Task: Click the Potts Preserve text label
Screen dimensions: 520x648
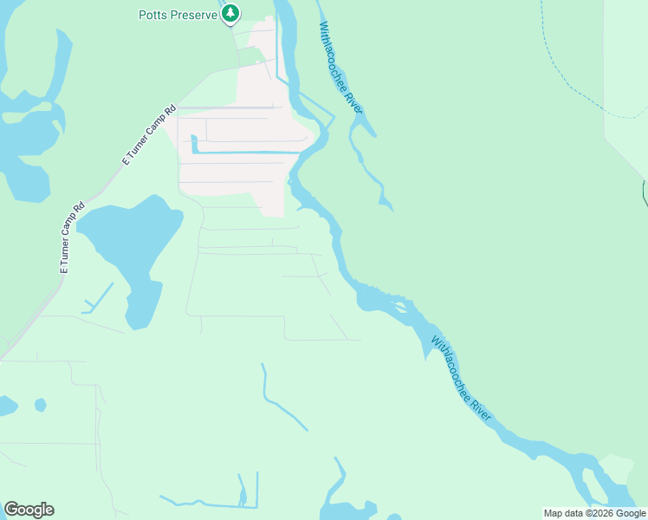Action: tap(178, 15)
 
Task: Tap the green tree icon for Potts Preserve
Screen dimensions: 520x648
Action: tap(230, 13)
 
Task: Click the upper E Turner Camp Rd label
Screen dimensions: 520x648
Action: tap(148, 135)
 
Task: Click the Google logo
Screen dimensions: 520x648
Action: tap(29, 510)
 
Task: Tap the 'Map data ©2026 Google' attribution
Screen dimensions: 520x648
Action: tap(594, 513)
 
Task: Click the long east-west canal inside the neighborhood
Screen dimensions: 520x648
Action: tap(247, 153)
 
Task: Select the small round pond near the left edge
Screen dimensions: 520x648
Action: tap(40, 405)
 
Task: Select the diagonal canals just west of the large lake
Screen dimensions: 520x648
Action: tap(99, 296)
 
